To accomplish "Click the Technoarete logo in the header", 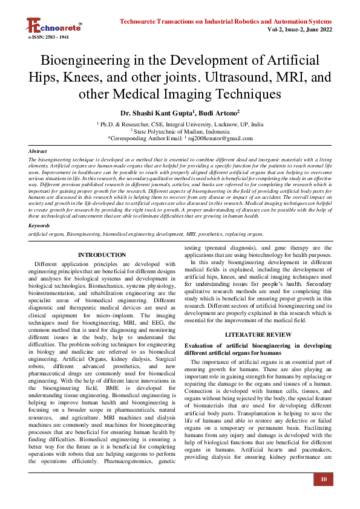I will tap(53, 26).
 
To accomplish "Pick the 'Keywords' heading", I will tap(39, 225).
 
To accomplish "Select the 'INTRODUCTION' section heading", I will tap(102, 255).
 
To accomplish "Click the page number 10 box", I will tap(324, 479).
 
